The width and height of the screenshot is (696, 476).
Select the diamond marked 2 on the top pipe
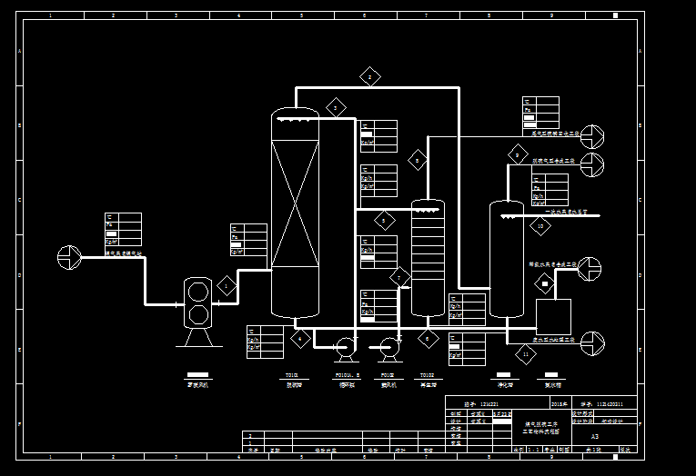tap(369, 76)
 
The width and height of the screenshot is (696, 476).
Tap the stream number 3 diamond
tap(336, 107)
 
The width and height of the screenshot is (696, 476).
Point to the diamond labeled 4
tap(301, 339)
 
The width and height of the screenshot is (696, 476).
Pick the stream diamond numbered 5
tap(385, 220)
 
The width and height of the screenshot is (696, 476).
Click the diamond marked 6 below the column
tap(429, 339)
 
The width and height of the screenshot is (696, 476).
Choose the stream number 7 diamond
tap(400, 277)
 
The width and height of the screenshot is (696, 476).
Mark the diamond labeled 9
tap(518, 155)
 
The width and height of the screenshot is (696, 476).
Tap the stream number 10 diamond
tap(540, 225)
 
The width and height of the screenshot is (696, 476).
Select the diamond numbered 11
tap(526, 354)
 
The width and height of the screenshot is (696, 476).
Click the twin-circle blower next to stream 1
tap(197, 302)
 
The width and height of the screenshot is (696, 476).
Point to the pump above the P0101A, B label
tap(345, 346)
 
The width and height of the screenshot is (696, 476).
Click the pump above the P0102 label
tap(389, 346)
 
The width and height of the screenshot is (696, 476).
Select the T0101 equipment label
tap(292, 374)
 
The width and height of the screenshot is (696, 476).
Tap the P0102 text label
tap(388, 374)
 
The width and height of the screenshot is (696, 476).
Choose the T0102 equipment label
tap(426, 374)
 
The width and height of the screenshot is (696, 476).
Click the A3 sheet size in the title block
tap(594, 436)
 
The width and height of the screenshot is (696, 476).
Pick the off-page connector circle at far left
tap(69, 257)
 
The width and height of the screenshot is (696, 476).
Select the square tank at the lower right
tap(553, 316)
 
